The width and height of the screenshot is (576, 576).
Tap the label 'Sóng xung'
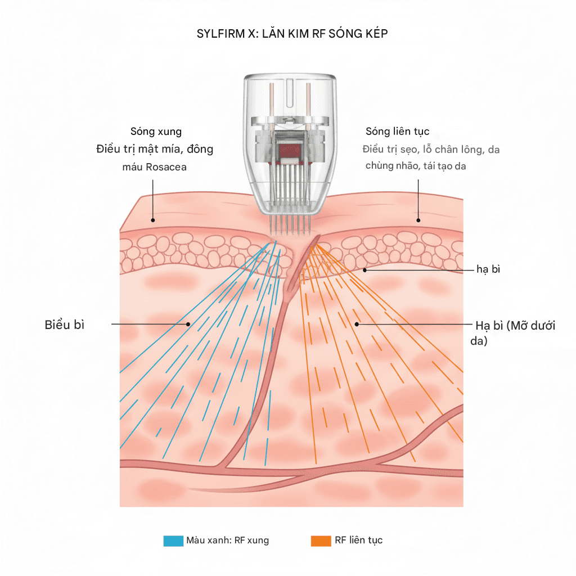[x=156, y=132]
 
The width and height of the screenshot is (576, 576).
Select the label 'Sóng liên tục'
[x=397, y=132]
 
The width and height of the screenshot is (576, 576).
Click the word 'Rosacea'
[x=166, y=167]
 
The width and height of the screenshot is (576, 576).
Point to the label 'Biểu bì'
[x=64, y=325]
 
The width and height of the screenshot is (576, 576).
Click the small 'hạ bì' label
[x=488, y=269]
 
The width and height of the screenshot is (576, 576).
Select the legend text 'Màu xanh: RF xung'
[x=228, y=541]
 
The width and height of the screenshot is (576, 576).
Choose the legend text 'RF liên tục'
[x=358, y=541]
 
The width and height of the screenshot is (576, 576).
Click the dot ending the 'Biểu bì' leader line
[x=188, y=324]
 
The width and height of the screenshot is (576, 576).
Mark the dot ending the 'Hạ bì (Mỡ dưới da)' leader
[x=357, y=324]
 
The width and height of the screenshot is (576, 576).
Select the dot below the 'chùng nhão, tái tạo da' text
[x=418, y=219]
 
